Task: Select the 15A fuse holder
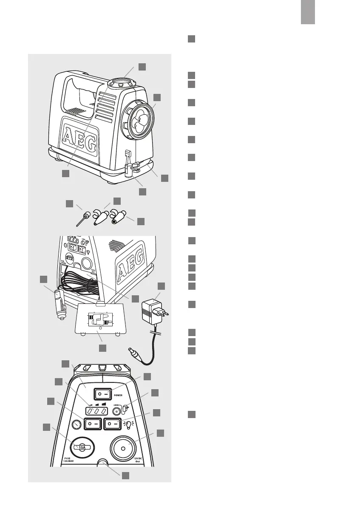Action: click(x=79, y=447)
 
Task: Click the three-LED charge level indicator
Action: click(x=96, y=411)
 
